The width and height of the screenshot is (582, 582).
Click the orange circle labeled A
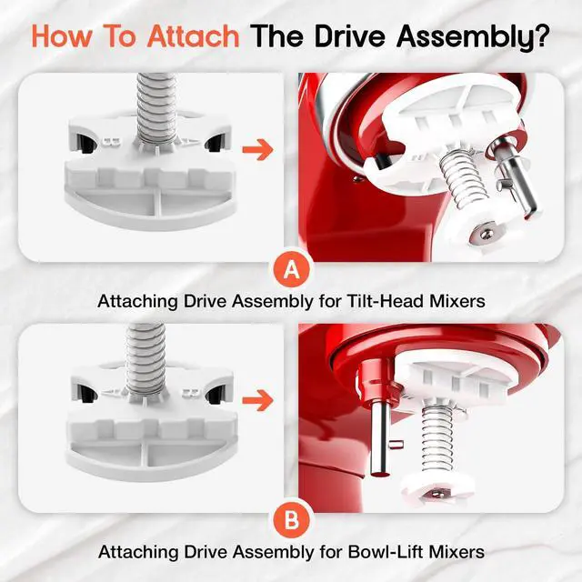292,269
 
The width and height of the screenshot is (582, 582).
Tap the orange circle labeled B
292,520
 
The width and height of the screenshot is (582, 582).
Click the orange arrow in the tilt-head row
258,149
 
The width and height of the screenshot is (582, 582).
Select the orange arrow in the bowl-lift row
258,401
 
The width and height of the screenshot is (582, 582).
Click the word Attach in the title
193,36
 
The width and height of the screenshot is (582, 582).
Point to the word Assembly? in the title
473,37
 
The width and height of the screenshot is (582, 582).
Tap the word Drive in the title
350,36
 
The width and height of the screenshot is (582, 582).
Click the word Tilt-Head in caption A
385,301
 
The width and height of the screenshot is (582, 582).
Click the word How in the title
62,36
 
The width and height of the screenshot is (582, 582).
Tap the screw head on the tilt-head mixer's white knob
486,234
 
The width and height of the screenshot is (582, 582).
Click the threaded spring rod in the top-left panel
156,107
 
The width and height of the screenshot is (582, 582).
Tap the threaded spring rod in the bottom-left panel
145,358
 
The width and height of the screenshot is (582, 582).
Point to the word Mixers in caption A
457,301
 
